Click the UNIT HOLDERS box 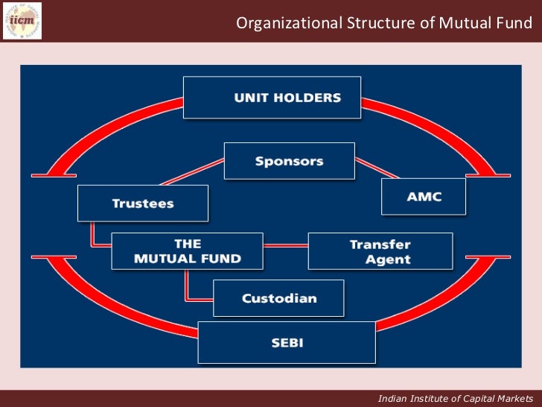272,98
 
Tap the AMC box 424,197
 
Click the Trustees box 143,203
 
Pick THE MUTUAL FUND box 187,251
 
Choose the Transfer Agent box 380,251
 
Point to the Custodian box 278,298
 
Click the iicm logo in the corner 22,20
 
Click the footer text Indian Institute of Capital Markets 455,398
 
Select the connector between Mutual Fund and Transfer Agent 285,246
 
